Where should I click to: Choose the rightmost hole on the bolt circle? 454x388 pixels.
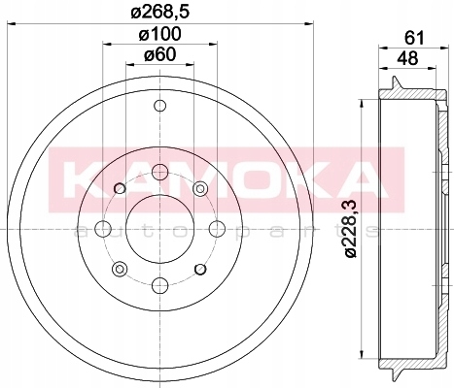pos(214,229)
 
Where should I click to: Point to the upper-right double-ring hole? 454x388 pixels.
pos(200,189)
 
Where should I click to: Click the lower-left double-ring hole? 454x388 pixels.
pos(120,269)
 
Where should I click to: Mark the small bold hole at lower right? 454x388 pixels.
pos(199,269)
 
